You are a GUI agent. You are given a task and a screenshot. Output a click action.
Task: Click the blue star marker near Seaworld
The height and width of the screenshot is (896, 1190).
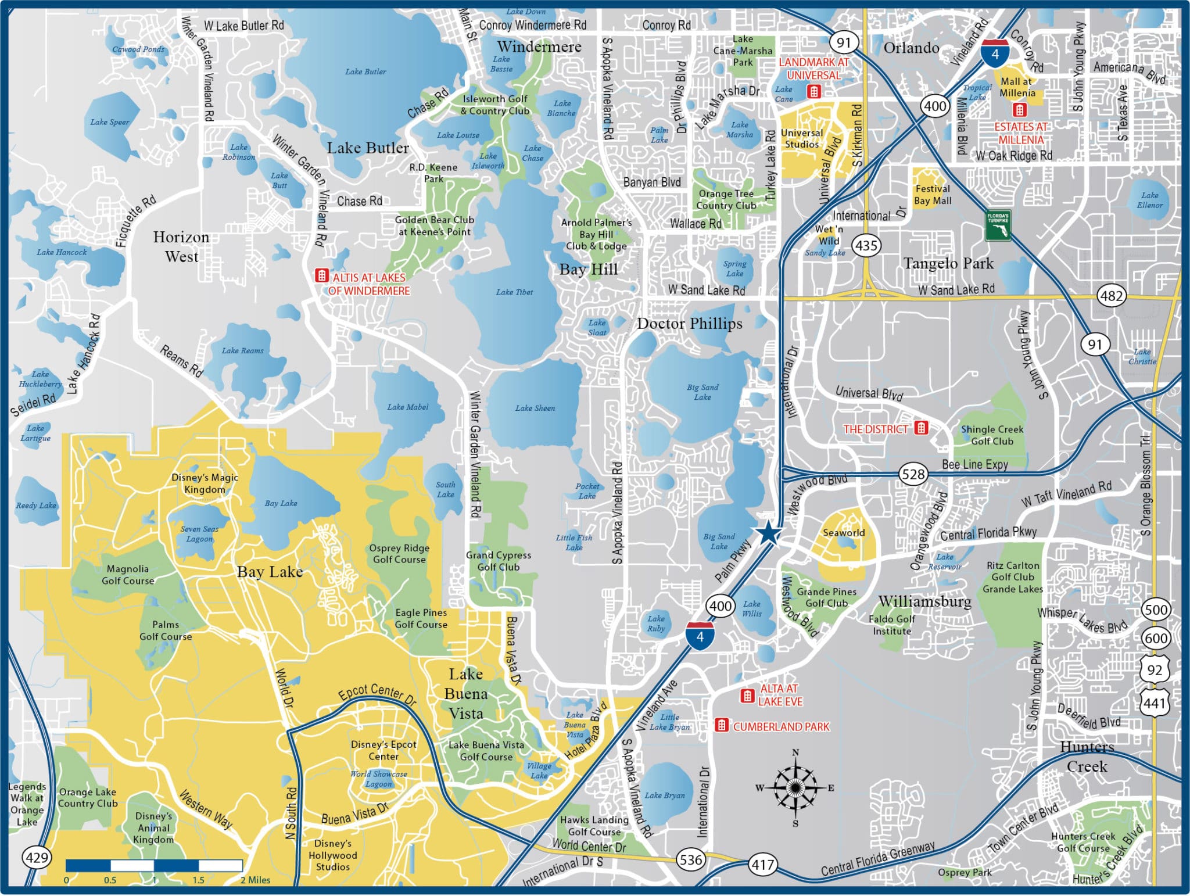click(x=768, y=532)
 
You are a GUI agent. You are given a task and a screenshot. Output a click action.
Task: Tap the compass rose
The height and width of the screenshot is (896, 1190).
click(x=795, y=788)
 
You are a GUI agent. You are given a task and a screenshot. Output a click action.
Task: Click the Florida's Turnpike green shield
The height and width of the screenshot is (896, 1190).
click(x=998, y=225)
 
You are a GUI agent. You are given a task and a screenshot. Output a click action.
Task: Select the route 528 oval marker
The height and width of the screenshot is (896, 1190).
click(x=912, y=474)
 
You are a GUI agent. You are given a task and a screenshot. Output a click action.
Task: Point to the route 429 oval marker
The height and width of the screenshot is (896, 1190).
click(x=37, y=857)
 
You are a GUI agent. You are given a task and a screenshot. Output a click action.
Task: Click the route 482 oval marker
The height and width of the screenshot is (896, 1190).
click(x=1111, y=296)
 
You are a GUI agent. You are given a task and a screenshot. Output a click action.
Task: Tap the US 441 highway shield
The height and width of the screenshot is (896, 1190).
click(x=1155, y=704)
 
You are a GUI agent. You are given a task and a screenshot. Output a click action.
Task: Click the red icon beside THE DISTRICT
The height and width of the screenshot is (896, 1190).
click(x=921, y=428)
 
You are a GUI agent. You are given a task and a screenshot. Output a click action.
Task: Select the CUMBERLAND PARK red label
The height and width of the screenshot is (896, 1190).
click(x=781, y=726)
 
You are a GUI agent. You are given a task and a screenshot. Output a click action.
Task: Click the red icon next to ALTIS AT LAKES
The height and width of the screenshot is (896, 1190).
click(x=321, y=275)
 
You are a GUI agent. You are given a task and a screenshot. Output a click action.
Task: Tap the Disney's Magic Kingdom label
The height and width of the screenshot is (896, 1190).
click(x=205, y=483)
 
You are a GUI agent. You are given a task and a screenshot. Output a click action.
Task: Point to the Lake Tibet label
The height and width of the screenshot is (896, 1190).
click(x=514, y=292)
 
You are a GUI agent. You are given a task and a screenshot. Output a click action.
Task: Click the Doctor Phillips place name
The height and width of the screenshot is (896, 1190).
click(x=690, y=324)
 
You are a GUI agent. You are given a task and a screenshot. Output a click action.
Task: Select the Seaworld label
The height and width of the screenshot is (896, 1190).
click(x=844, y=532)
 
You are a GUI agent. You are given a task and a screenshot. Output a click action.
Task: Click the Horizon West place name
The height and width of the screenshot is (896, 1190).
click(x=181, y=247)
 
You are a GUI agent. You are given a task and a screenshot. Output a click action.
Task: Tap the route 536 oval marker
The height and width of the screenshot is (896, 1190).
click(x=690, y=859)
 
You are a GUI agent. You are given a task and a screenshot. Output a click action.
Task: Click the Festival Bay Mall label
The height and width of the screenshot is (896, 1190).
click(x=933, y=195)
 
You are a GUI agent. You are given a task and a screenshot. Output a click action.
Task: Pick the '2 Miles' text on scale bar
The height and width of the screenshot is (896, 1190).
click(x=256, y=880)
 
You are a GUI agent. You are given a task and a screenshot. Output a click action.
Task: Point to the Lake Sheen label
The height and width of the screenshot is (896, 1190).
click(x=535, y=408)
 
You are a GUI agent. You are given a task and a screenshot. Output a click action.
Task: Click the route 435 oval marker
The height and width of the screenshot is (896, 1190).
click(x=866, y=246)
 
